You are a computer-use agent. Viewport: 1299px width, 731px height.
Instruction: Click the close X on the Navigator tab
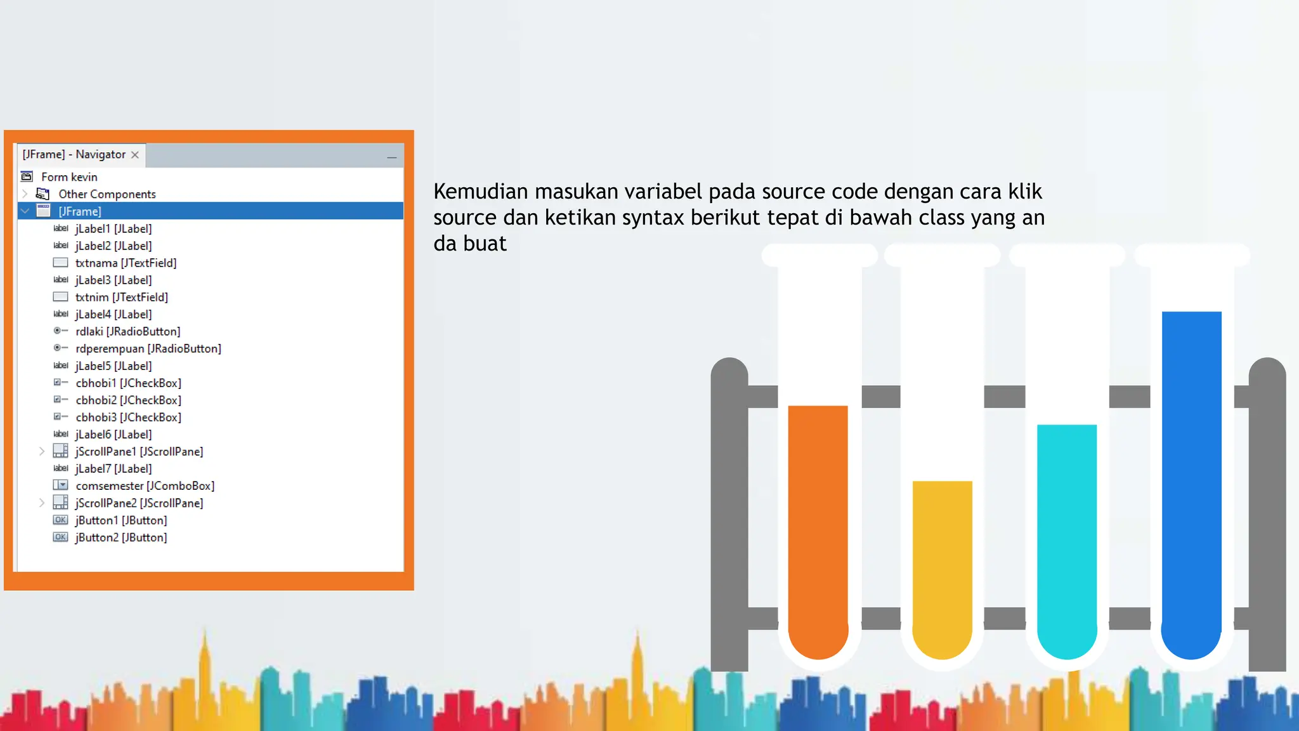135,155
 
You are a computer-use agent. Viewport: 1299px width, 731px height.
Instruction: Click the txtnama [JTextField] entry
126,263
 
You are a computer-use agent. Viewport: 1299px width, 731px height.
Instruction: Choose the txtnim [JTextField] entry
121,297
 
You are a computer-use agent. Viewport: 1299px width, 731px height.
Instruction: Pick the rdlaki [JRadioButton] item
127,331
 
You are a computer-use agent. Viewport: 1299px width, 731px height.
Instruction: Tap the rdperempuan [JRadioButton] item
148,348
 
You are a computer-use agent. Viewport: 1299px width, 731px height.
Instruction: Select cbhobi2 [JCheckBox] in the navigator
128,400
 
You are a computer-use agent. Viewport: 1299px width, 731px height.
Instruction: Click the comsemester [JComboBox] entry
145,486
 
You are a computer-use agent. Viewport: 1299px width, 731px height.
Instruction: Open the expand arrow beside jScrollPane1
42,451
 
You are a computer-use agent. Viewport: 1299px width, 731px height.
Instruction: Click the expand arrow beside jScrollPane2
42,503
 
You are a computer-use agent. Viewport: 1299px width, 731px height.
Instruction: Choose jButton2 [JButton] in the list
121,537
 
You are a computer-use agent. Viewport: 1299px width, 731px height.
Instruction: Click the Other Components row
107,194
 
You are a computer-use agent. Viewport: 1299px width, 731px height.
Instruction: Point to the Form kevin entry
69,177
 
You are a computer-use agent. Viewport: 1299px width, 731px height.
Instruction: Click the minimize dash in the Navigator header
392,157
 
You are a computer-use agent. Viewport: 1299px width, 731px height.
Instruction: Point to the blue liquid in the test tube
1191,476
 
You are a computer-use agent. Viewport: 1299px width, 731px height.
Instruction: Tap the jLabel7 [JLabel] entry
113,469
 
